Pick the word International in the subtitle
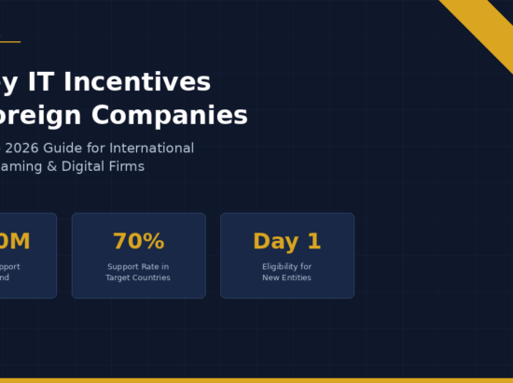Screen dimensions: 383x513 152,149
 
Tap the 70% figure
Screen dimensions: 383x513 138,241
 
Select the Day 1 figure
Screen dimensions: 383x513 287,241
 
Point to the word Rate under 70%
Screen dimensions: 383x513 150,266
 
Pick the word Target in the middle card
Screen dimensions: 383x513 118,277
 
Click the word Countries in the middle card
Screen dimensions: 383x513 151,277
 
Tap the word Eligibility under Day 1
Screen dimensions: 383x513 281,266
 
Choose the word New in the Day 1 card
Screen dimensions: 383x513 270,277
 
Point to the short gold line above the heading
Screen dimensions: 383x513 9,41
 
